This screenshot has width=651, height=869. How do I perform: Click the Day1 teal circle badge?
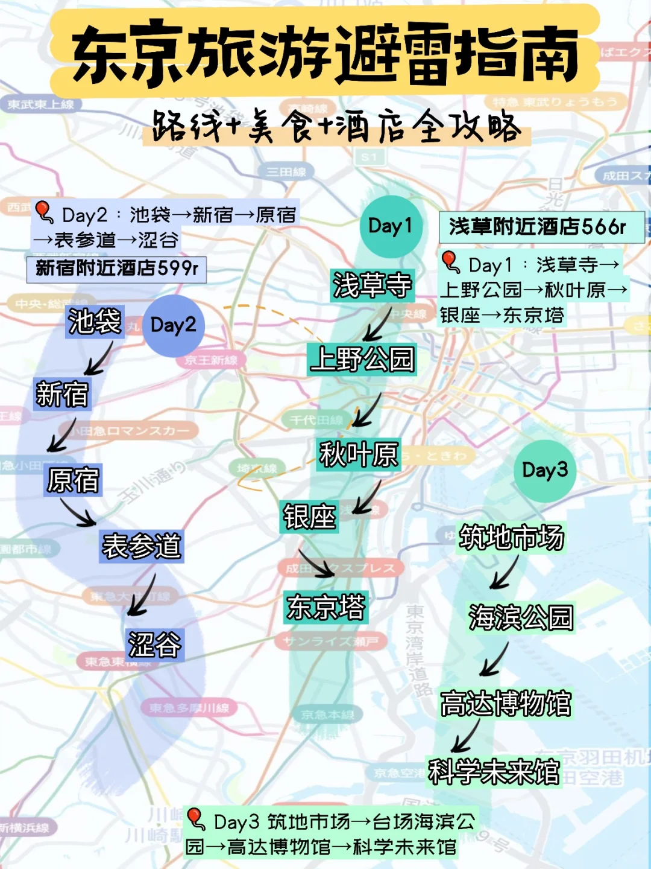391,226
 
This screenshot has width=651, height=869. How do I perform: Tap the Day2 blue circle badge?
174,325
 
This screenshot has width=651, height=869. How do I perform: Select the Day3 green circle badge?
545,470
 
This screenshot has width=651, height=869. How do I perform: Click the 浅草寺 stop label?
373,285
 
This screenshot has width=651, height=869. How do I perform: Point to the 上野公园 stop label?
362,360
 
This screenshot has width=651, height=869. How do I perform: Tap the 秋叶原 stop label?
359,454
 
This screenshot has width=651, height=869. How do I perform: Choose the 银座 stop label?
309,517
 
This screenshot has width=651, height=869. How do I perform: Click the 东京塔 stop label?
326,607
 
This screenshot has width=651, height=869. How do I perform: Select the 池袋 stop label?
95,322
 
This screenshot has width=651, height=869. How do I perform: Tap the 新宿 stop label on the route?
62,395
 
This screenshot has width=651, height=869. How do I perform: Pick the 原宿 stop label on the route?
73,480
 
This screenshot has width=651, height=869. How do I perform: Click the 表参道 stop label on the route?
142,547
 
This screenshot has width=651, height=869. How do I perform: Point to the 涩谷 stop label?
154,645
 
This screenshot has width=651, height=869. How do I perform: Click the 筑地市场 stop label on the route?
511,538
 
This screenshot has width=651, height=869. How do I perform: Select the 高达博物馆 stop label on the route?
506,704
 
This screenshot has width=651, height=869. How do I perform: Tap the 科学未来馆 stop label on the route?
494,772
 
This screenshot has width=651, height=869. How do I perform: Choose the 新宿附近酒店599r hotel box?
116,269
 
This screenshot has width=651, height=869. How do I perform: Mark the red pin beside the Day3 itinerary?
195,819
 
